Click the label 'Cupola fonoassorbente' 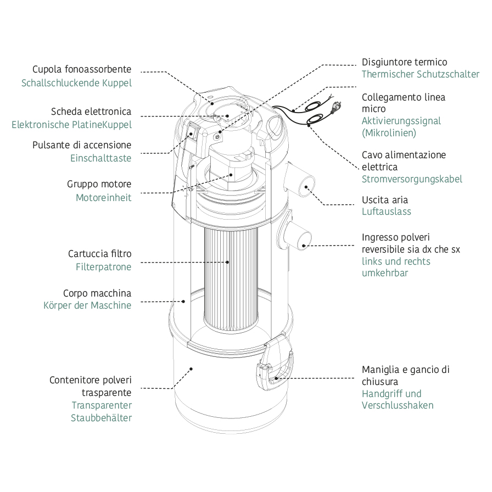point(82,70)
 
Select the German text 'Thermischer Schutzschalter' point(420,74)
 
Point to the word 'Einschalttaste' point(101,158)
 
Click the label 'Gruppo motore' point(99,185)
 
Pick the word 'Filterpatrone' point(104,267)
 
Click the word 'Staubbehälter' point(101,418)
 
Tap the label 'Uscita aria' point(385,200)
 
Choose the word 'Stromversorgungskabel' point(412,179)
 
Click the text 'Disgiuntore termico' point(404,62)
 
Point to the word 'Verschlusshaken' point(398,405)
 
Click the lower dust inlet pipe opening point(303,236)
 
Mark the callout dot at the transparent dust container point(191,368)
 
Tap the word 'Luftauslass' point(386,211)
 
